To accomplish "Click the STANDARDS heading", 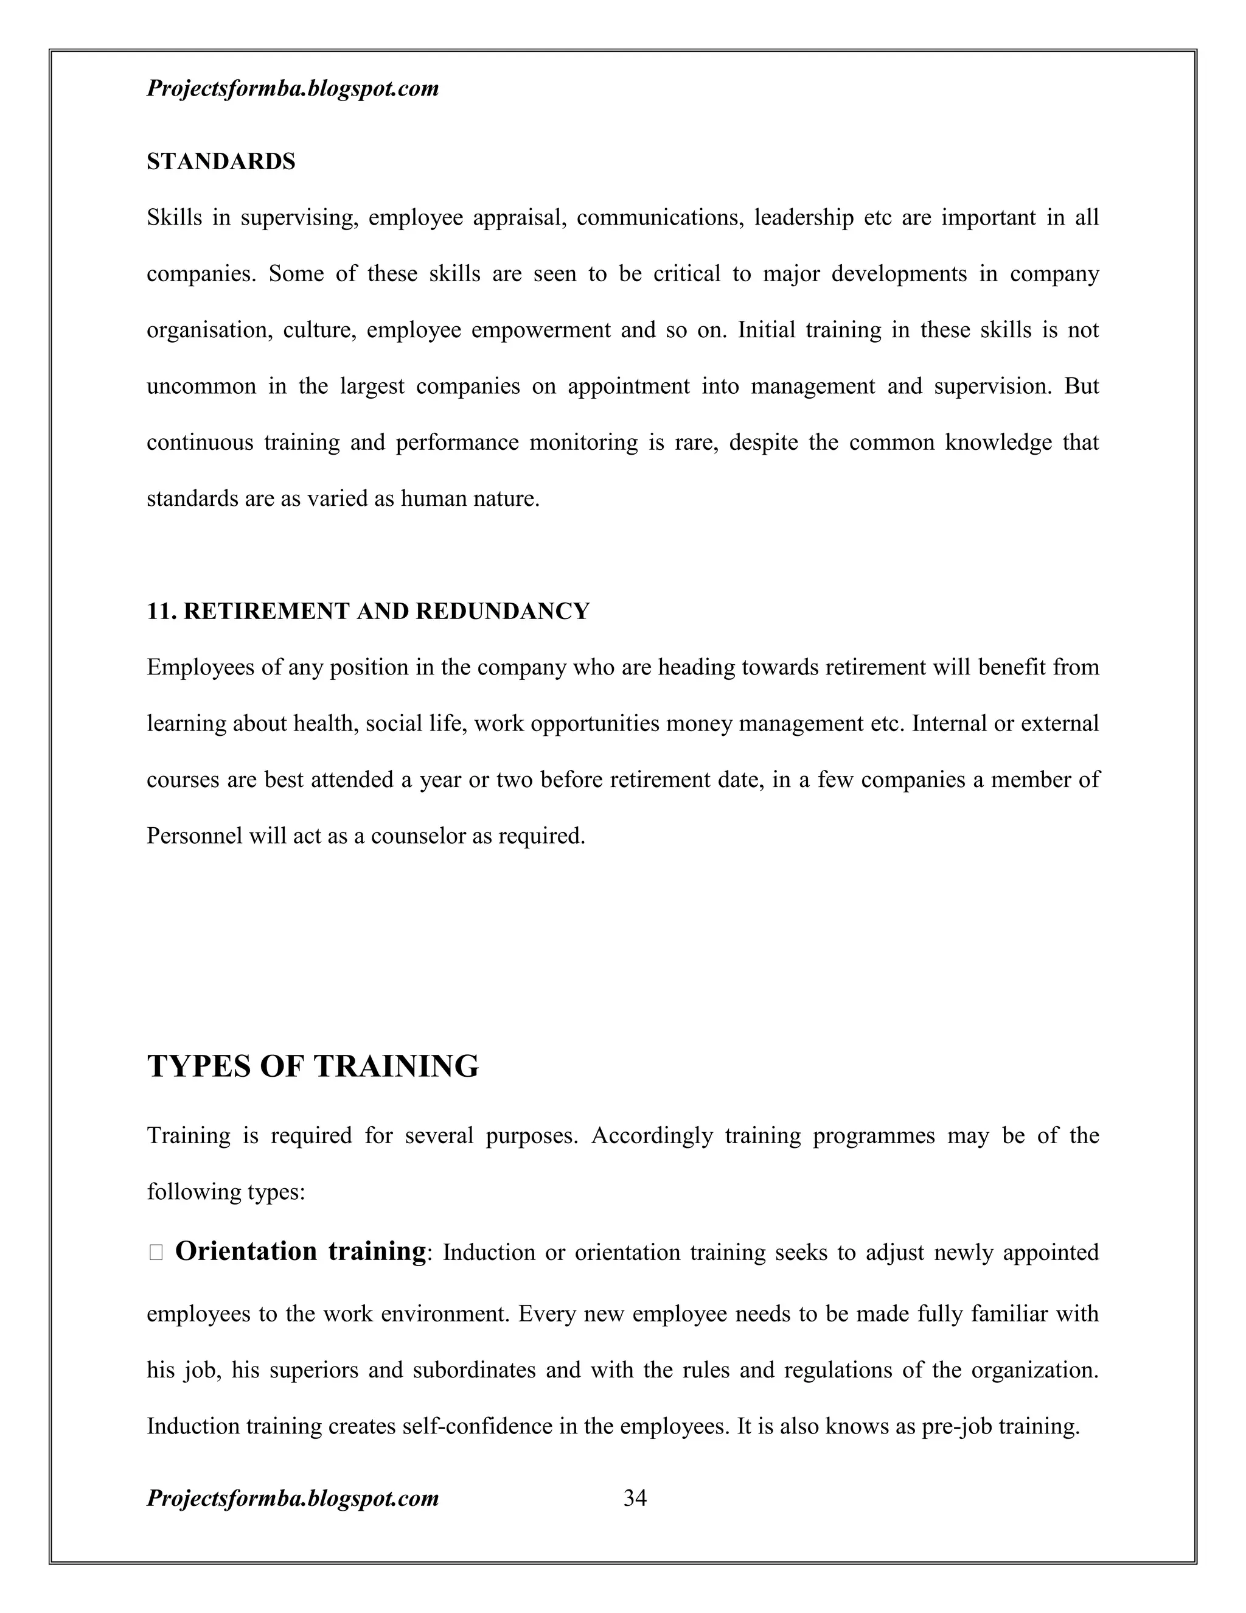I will click(221, 162).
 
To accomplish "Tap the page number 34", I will click(635, 1498).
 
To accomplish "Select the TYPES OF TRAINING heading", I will click(313, 1066).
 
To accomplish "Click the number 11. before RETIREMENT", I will click(162, 612).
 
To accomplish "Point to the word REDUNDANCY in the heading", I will click(502, 612).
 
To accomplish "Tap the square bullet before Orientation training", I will click(155, 1253).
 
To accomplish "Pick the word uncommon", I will click(201, 387).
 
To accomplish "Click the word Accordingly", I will click(651, 1135).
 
